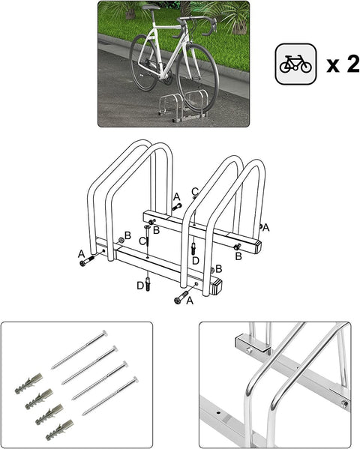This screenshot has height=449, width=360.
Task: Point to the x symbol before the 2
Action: (333, 67)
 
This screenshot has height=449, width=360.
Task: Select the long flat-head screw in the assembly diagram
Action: (148, 241)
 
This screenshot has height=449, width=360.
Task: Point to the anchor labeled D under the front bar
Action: (148, 284)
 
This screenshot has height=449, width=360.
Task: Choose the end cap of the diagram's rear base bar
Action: (256, 244)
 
